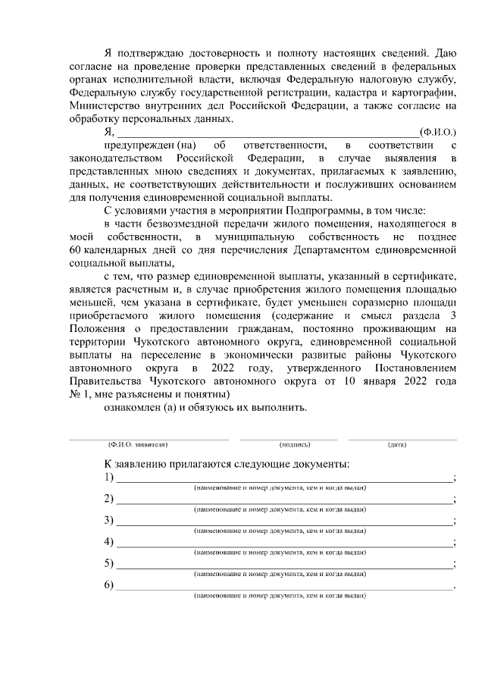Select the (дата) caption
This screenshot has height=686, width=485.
pos(397,445)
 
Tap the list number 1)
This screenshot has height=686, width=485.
pos(109,477)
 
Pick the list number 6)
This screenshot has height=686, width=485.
pos(109,585)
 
